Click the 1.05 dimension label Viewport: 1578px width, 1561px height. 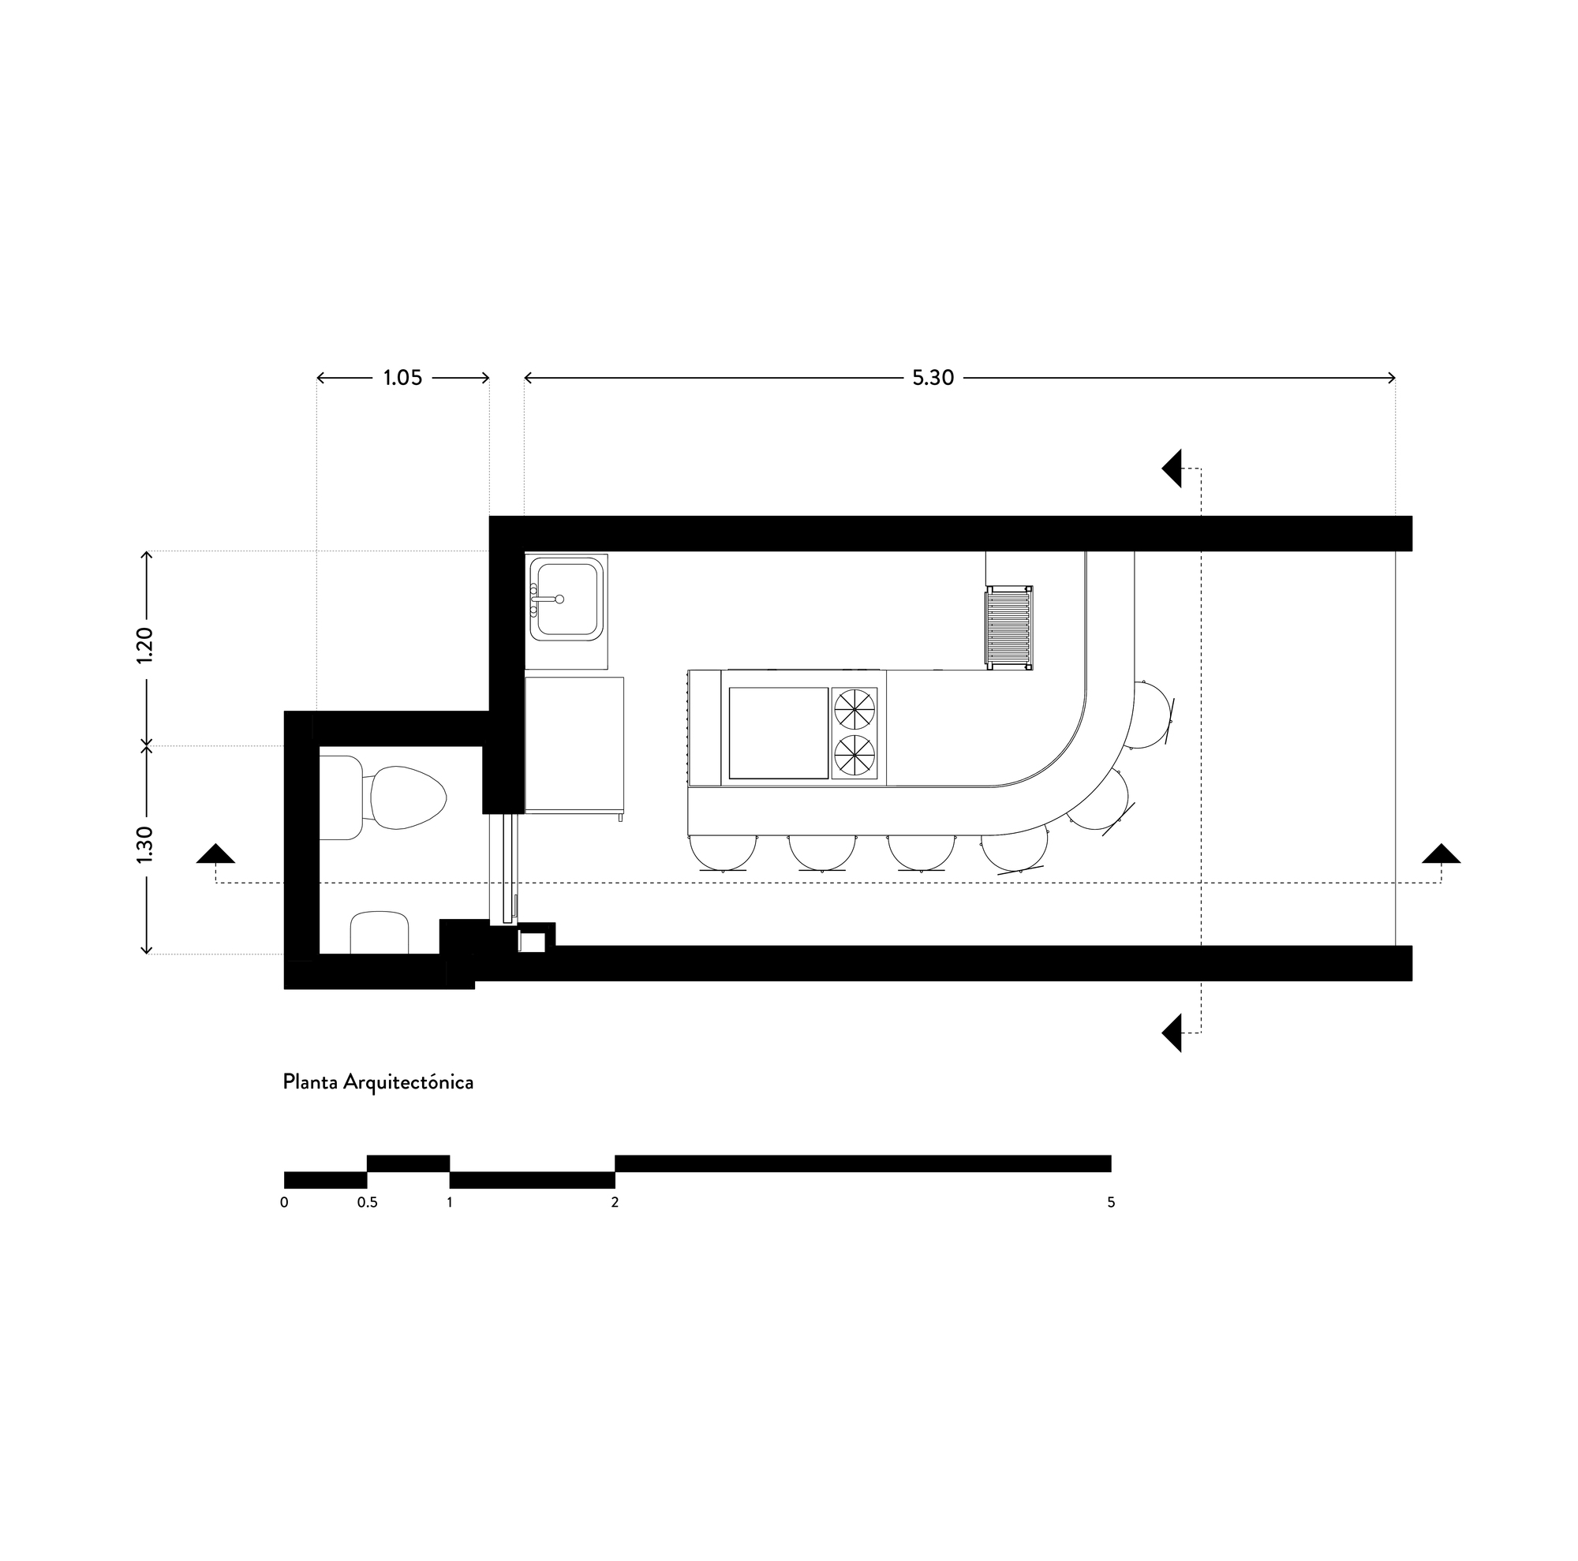pyautogui.click(x=402, y=378)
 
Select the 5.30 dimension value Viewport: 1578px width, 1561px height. pyautogui.click(x=933, y=378)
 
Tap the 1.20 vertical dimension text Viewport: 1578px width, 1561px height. pyautogui.click(x=146, y=645)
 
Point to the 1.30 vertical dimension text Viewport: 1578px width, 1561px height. pyautogui.click(x=146, y=845)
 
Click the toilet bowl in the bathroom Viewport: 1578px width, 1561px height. pyautogui.click(x=407, y=797)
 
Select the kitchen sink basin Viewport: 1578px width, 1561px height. pyautogui.click(x=567, y=599)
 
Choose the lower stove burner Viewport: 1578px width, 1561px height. pyautogui.click(x=854, y=755)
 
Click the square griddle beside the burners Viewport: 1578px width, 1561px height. pyautogui.click(x=779, y=732)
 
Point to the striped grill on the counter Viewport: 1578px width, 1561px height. pyautogui.click(x=1010, y=627)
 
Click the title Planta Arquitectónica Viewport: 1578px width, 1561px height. pyautogui.click(x=378, y=1082)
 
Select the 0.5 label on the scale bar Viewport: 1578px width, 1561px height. pyautogui.click(x=368, y=1203)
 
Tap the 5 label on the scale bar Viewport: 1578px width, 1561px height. pyautogui.click(x=1111, y=1203)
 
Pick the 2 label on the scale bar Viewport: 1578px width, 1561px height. pyautogui.click(x=615, y=1203)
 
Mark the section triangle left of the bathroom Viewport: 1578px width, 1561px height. pyautogui.click(x=215, y=853)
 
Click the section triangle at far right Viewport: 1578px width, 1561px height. pyautogui.click(x=1441, y=853)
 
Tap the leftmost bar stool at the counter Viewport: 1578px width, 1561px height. pyautogui.click(x=723, y=853)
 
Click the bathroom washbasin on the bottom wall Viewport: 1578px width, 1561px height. pyautogui.click(x=380, y=932)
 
